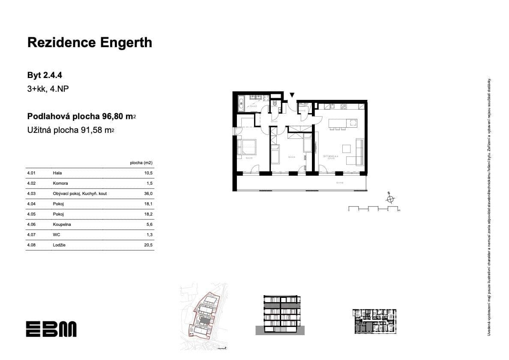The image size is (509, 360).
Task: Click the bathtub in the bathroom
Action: click(241, 103)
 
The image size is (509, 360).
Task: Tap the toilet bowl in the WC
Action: click(274, 103)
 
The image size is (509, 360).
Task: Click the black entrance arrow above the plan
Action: click(292, 95)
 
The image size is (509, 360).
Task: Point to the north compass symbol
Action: click(390, 198)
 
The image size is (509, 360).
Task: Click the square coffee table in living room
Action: click(347, 149)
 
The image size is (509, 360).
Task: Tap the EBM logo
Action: click(51, 329)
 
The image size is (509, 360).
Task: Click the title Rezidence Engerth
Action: click(90, 42)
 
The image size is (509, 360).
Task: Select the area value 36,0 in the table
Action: click(149, 194)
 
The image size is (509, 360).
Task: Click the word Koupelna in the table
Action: click(62, 225)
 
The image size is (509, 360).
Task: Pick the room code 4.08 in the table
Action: click(31, 245)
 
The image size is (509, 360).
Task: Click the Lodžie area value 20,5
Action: click(149, 245)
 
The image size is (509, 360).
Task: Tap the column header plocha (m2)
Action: click(141, 163)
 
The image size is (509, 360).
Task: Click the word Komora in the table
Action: click(61, 183)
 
